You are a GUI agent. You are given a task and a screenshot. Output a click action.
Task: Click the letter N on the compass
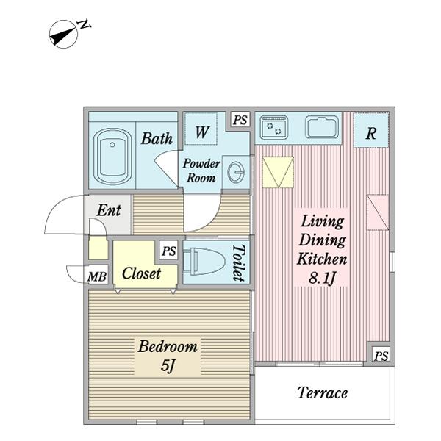(85, 24)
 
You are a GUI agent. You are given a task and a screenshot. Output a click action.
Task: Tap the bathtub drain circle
(112, 145)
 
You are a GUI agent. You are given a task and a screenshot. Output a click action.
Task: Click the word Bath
(157, 138)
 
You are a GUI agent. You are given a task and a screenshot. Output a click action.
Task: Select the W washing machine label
(202, 132)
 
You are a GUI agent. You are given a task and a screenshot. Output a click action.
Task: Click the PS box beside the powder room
(240, 120)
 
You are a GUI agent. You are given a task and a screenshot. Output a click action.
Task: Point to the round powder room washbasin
(236, 172)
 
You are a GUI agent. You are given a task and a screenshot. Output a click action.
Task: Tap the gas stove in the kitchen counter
(274, 128)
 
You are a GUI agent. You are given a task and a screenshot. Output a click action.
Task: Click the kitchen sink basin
(322, 127)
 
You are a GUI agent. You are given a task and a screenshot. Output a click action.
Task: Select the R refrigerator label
(371, 133)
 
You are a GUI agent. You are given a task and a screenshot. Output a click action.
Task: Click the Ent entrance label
(109, 210)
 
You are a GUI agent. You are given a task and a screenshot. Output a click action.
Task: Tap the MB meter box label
(97, 277)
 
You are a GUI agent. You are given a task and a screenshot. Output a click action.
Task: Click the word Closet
(141, 273)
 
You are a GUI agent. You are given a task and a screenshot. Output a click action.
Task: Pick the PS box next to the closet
(169, 251)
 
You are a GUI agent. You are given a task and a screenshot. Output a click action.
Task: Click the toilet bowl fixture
(204, 261)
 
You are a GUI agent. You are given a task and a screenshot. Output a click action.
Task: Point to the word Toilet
(239, 262)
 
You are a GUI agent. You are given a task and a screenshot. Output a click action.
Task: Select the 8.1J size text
(323, 278)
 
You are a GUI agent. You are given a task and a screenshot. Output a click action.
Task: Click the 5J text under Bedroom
(168, 365)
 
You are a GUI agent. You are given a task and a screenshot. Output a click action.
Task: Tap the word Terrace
(323, 392)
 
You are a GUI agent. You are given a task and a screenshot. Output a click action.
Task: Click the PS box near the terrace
(381, 356)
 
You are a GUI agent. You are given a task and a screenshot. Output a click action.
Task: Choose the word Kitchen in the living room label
(322, 259)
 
